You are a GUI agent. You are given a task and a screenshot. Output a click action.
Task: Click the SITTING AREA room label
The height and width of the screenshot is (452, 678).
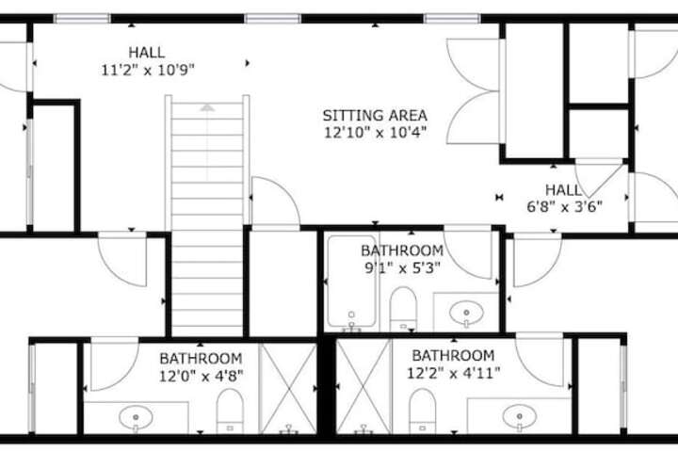click(x=375, y=116)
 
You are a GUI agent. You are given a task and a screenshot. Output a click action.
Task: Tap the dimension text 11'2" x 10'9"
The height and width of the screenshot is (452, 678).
click(x=148, y=70)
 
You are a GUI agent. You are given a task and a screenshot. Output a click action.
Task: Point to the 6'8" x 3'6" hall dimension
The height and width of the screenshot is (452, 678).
click(x=564, y=207)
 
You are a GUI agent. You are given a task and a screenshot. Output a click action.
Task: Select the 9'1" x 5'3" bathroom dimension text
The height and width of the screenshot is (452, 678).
click(x=403, y=268)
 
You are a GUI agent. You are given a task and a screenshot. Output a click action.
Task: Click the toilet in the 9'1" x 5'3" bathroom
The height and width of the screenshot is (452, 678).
click(x=403, y=309)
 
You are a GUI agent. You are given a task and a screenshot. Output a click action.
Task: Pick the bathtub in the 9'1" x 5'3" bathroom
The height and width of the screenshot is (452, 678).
click(x=351, y=282)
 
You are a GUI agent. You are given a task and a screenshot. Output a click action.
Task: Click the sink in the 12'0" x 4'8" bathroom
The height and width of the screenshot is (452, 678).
click(x=136, y=417)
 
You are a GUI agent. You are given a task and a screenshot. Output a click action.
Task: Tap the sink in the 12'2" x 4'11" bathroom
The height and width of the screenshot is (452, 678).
click(x=519, y=416)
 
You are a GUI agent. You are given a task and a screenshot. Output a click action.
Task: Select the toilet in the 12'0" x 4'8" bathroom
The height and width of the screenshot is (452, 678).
click(x=230, y=411)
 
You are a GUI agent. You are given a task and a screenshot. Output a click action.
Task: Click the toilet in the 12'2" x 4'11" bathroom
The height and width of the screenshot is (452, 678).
click(x=422, y=411)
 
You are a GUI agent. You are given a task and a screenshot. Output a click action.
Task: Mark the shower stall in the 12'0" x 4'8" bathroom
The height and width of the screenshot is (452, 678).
click(x=288, y=388)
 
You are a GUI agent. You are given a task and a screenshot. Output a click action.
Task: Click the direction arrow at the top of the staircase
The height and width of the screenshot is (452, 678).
click(x=207, y=107)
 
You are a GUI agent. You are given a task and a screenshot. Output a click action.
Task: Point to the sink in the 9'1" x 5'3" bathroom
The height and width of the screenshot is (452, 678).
click(x=466, y=313)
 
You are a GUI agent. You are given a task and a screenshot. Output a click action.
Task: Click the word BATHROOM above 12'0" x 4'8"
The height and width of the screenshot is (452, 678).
click(x=201, y=359)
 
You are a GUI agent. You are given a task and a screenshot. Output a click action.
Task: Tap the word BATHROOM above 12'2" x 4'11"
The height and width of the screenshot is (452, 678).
click(x=453, y=356)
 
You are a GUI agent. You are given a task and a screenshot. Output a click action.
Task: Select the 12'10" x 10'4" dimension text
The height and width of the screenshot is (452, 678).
click(x=376, y=133)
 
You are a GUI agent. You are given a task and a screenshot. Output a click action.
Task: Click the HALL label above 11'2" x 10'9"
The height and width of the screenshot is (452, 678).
click(x=147, y=53)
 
